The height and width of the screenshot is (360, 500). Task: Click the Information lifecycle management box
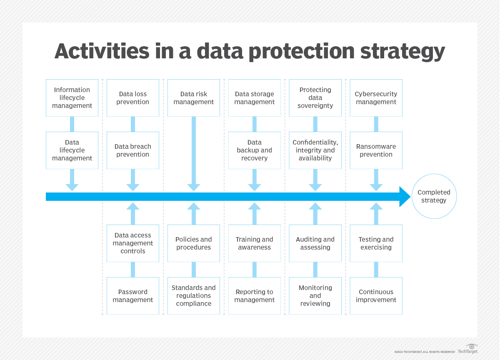pos(72,98)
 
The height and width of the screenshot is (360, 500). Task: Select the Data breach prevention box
pos(133,150)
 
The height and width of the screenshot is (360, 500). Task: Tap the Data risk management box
pos(194,98)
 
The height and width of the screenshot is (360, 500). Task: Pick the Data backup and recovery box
pos(255,150)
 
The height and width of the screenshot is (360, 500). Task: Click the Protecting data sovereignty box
pos(315,98)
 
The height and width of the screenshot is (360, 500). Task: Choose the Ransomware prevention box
pos(376,150)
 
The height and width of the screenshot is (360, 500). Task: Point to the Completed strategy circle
pos(434,196)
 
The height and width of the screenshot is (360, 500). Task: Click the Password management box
pos(133,296)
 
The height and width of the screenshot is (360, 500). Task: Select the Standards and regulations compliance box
pos(194,296)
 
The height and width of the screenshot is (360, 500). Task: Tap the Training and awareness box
pos(255,243)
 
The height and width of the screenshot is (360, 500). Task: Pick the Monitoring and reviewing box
pos(315,296)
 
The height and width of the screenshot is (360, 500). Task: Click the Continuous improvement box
pos(376,296)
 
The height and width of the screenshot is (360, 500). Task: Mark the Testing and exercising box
pos(376,243)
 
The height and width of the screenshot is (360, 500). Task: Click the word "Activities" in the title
pos(102,52)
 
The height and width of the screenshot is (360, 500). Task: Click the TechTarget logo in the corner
pos(468,349)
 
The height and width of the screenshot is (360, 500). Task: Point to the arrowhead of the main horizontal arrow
pos(405,197)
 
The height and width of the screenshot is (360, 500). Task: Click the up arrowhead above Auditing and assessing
pos(315,206)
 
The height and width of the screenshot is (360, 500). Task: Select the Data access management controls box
pos(133,243)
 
